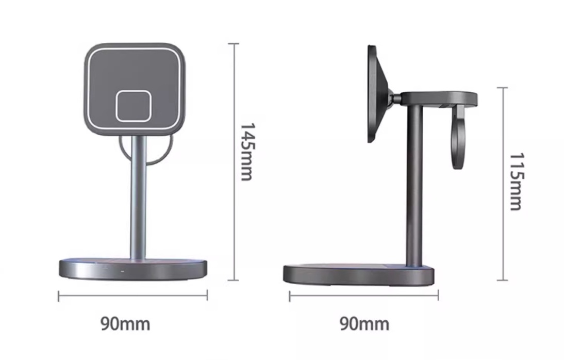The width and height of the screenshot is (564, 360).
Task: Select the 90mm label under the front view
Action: pos(125,324)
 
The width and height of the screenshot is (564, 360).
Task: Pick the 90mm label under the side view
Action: pos(364,324)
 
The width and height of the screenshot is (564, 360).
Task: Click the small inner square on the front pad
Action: pos(133,106)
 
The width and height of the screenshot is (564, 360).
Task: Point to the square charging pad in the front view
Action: pos(135,67)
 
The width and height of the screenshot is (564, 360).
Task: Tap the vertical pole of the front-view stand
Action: pos(138,201)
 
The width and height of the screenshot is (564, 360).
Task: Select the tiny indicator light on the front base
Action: pos(123,272)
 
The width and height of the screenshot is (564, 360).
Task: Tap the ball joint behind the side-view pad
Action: pos(393,96)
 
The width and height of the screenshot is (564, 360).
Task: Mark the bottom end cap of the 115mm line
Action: pos(503,280)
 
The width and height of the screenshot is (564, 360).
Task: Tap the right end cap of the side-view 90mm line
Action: pos(438,296)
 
